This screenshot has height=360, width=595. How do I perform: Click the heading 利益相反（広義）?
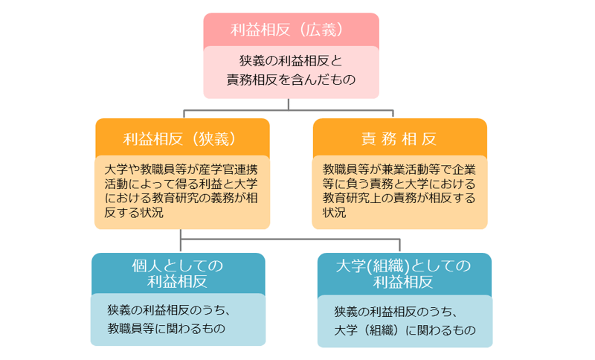[291, 30]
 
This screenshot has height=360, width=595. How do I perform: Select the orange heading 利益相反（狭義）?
[181, 138]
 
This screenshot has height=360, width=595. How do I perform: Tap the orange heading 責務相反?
[399, 138]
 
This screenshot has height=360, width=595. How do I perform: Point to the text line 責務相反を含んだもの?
[292, 79]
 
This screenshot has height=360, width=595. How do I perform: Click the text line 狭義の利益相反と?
[291, 60]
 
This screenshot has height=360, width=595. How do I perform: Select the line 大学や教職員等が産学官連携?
[181, 169]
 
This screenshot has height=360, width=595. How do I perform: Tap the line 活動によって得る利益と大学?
[181, 184]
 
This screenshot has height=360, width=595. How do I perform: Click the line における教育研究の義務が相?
[181, 199]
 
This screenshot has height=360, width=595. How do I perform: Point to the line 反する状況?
[134, 213]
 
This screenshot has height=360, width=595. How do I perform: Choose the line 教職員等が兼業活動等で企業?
[399, 169]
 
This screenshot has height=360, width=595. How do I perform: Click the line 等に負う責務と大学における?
[399, 184]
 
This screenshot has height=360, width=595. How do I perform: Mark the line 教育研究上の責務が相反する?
[399, 199]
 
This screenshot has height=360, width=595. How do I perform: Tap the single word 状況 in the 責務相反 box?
[335, 213]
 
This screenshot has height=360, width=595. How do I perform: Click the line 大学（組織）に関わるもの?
[405, 330]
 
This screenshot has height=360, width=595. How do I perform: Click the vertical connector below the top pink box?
[291, 104]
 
